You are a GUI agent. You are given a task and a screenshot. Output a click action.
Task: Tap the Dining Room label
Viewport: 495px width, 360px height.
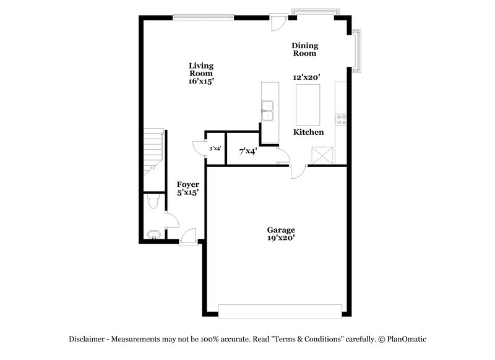[x=305, y=49]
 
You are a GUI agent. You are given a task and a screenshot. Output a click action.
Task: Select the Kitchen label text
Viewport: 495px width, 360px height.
[x=308, y=132]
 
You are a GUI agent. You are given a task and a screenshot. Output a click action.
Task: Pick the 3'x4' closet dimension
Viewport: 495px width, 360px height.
[x=215, y=148]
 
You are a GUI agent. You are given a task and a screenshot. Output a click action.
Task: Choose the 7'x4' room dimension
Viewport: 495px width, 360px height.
[x=248, y=150]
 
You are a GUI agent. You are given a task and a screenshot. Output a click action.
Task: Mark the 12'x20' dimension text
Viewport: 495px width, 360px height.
[x=306, y=77]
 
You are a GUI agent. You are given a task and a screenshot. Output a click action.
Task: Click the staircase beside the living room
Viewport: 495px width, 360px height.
[x=152, y=152]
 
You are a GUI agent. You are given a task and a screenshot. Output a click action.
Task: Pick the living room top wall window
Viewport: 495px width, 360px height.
[x=204, y=17]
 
